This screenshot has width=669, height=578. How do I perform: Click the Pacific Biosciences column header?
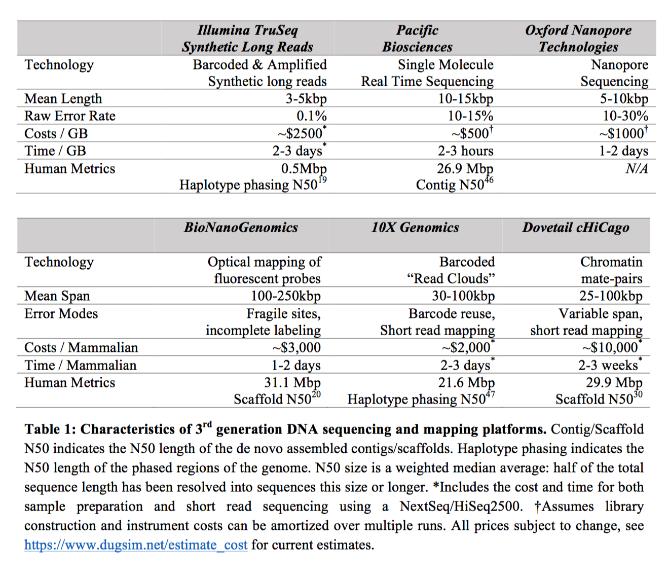tap(417, 39)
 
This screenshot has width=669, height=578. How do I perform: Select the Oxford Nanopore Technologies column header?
tap(578, 39)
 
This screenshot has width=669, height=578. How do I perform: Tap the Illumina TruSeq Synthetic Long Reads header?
tap(247, 39)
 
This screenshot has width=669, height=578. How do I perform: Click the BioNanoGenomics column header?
tap(241, 227)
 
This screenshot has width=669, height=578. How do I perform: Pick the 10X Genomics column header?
tap(415, 227)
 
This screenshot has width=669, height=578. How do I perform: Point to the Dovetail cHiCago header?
tap(576, 227)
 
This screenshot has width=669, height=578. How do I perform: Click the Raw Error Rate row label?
tap(70, 116)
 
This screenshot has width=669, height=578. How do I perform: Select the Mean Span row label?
tap(57, 296)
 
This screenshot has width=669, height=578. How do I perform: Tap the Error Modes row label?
tap(61, 313)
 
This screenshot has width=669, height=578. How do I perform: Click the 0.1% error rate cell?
tap(311, 116)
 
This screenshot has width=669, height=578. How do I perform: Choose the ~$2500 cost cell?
tap(301, 133)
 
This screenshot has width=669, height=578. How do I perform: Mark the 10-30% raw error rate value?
tap(625, 116)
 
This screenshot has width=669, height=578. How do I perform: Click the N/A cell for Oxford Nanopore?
tap(637, 169)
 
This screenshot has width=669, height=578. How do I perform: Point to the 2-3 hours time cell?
tap(465, 151)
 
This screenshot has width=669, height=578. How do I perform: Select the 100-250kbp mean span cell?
tap(286, 296)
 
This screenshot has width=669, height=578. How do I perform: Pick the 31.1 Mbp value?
tap(292, 382)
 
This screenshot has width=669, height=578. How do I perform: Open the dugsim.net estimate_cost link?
tap(136, 545)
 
